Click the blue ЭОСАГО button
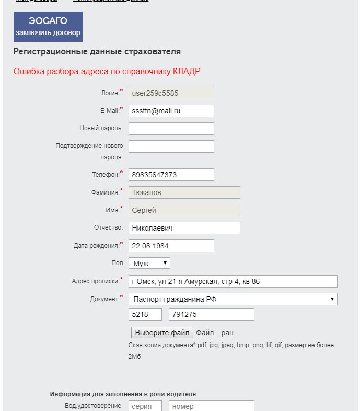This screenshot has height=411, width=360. click(48, 27)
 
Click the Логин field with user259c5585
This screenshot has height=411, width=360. click(171, 93)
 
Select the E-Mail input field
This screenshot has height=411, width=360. click(171, 111)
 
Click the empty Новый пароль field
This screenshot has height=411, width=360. click(171, 129)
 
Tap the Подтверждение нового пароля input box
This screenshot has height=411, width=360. click(171, 146)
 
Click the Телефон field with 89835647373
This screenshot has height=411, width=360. click(171, 175)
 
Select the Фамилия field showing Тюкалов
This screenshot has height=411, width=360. click(184, 192)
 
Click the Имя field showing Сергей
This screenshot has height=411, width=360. click(184, 210)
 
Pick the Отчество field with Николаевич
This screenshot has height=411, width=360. click(184, 228)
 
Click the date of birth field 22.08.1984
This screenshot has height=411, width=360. click(171, 246)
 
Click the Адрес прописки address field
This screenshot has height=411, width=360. click(233, 281)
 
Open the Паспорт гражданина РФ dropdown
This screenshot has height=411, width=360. click(233, 299)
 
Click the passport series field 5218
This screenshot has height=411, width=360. click(145, 314)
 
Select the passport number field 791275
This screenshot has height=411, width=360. click(212, 314)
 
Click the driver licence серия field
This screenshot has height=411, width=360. click(145, 406)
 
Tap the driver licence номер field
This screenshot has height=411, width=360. click(212, 406)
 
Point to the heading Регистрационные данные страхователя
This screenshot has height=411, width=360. click(97, 52)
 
